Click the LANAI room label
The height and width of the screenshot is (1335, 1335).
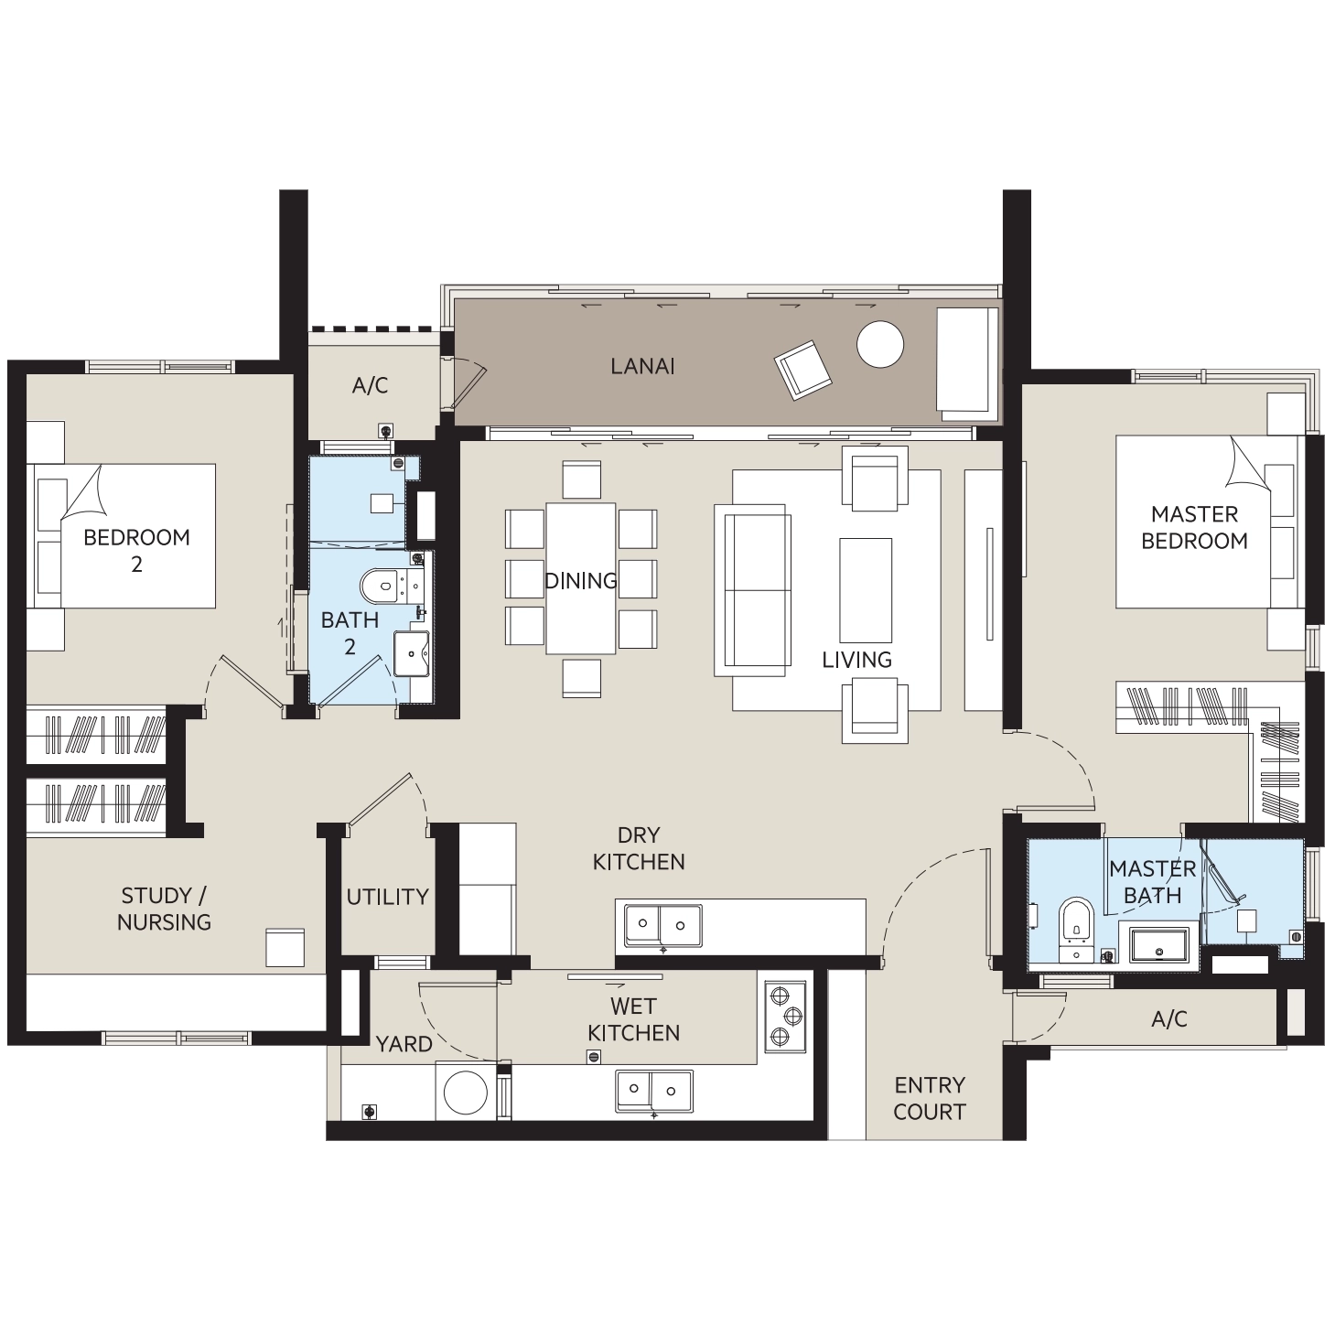click(x=642, y=366)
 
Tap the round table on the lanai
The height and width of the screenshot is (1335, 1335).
click(x=880, y=344)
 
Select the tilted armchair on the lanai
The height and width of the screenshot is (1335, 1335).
click(x=803, y=370)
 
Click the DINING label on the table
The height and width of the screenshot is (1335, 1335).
click(x=580, y=580)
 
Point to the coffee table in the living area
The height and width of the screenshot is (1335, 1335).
click(x=866, y=590)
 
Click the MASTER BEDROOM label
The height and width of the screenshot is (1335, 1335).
click(x=1194, y=527)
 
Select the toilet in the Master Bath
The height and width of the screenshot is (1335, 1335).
click(x=1077, y=929)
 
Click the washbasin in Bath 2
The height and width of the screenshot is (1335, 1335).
click(x=411, y=652)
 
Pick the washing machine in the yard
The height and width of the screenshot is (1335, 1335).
click(x=466, y=1093)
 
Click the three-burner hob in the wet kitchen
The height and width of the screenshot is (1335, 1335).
click(x=785, y=1017)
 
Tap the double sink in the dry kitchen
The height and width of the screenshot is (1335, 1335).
click(x=663, y=925)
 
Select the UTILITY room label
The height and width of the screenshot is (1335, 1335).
click(x=387, y=897)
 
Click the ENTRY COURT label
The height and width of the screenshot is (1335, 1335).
click(x=929, y=1098)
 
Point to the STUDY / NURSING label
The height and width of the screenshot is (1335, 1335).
click(x=164, y=909)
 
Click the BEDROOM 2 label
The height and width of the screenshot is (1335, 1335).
click(x=136, y=550)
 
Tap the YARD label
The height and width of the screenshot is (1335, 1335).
click(x=404, y=1043)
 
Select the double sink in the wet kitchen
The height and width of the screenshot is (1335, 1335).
click(x=654, y=1091)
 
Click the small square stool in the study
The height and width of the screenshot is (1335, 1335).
click(x=285, y=947)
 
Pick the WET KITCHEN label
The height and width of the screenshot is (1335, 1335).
click(x=633, y=1019)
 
